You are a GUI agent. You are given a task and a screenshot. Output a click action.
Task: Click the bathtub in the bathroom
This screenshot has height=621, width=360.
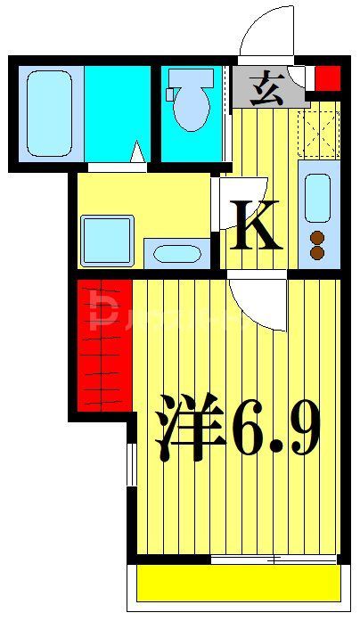(49, 112)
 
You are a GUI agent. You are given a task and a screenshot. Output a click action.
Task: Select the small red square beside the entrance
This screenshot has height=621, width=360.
(328, 78)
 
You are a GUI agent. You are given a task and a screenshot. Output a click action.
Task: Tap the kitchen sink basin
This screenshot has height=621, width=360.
(318, 198)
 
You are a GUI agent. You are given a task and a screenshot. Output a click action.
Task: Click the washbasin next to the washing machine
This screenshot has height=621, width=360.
(177, 253)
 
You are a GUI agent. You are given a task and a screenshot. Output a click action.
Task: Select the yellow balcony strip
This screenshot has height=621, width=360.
(239, 584)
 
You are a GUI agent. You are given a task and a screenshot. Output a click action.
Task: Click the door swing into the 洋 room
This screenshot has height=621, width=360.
(255, 303)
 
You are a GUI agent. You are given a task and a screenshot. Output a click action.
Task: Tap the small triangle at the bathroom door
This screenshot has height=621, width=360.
(137, 153)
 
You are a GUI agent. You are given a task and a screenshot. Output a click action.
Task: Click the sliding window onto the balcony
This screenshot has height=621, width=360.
(273, 560)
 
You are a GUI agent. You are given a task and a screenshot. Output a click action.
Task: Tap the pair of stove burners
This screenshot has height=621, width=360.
(316, 244)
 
